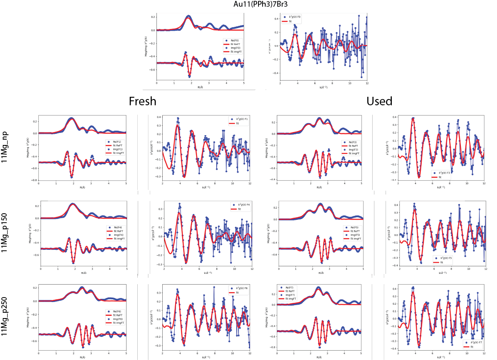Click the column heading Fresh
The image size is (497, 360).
coord(143,101)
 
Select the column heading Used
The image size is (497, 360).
coord(379,101)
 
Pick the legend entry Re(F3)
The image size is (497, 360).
coord(348,142)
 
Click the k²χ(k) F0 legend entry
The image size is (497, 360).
coord(295,17)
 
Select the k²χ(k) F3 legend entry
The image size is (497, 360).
coord(448,172)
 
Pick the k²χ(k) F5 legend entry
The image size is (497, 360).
coord(446,258)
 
